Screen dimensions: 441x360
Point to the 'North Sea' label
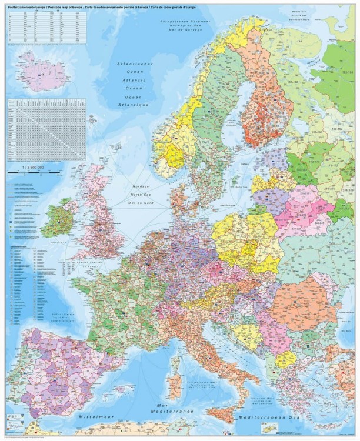[x=141, y=193]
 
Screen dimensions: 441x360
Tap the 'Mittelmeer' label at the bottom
[x=95, y=416]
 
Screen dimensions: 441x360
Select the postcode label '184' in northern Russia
[x=299, y=42]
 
